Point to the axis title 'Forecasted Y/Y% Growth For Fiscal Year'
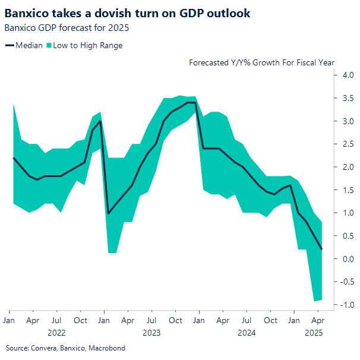(x=261, y=62)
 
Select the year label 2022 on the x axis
(x=56, y=333)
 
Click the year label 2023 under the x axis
(x=151, y=333)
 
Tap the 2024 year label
(x=247, y=333)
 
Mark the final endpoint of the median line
(x=322, y=249)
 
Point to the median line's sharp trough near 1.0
(x=108, y=213)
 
